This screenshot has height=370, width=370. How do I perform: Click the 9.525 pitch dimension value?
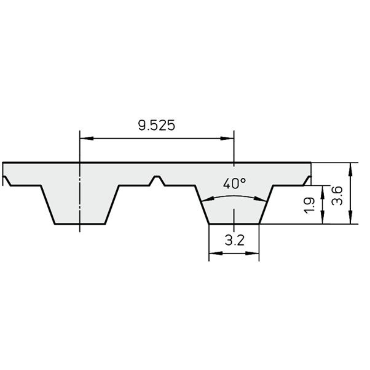coord(156,126)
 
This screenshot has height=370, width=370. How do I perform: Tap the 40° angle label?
coord(234,184)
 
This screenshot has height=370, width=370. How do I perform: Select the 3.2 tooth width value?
coord(234,241)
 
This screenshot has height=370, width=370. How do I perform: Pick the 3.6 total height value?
coord(337,195)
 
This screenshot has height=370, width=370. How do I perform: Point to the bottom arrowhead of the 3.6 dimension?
coord(350,218)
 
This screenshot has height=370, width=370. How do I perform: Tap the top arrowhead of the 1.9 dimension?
coord(322,191)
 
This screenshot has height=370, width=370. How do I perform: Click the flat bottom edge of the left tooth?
coord(80,224)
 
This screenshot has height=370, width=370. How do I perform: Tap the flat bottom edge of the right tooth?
coord(234,224)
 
